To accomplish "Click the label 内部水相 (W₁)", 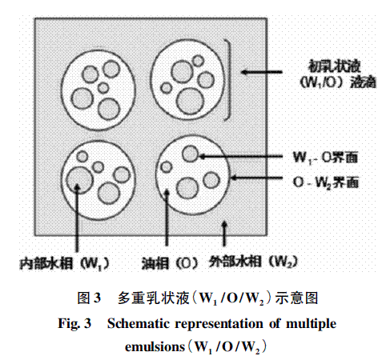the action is click(65, 263).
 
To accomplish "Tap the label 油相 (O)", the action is click(170, 263).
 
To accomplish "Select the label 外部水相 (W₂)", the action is click(253, 262).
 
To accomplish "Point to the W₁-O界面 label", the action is click(325, 158).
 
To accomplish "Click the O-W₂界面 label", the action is click(326, 182).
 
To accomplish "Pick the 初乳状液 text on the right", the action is click(334, 66).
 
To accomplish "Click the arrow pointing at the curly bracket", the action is click(262, 72).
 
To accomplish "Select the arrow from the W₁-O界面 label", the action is click(240, 157).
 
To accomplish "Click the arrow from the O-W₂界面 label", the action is click(256, 178).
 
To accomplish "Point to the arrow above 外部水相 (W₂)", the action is click(224, 233).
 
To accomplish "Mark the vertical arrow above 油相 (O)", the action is click(167, 218).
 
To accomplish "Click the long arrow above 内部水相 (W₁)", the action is click(77, 218).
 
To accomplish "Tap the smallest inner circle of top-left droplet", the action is click(103, 88).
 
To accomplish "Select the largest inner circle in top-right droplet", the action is click(190, 102).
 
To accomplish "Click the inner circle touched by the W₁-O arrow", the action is click(191, 154).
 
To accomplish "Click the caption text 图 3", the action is click(89, 298).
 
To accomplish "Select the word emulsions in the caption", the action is click(155, 346).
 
